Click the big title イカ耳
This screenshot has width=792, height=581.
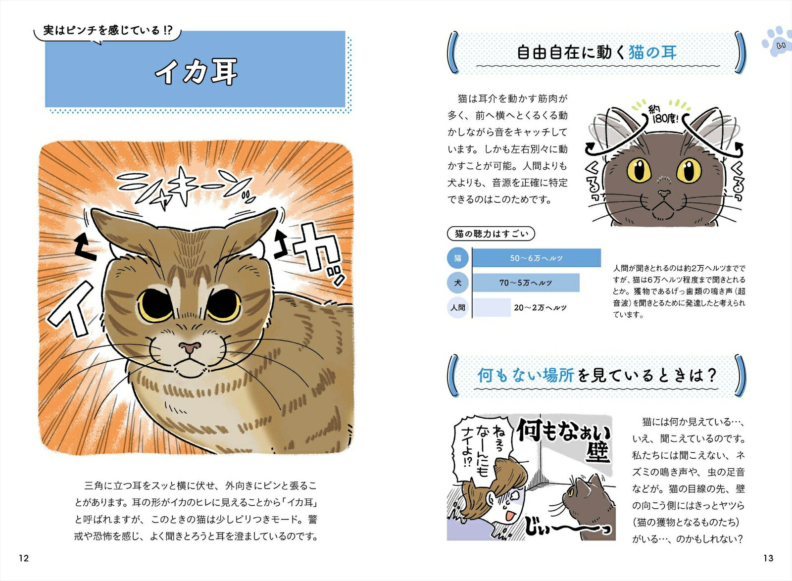click(196, 72)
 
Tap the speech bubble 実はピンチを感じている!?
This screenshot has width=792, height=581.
click(107, 33)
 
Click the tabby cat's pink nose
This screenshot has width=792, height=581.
click(190, 347)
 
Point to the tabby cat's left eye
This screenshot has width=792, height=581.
click(154, 305)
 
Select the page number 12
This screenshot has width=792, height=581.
click(24, 558)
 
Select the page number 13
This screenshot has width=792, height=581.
click(768, 558)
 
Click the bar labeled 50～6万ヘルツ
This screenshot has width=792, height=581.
click(537, 258)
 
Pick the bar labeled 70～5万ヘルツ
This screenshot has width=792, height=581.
click(526, 283)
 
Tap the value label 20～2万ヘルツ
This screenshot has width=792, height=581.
click(540, 307)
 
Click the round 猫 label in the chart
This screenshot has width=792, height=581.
click(457, 258)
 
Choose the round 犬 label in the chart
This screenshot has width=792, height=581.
click(457, 283)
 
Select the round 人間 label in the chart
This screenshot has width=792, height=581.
click(457, 307)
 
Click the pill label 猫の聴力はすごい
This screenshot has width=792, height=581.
click(491, 234)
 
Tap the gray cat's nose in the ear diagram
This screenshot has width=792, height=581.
click(664, 194)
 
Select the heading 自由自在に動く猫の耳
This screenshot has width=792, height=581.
click(597, 52)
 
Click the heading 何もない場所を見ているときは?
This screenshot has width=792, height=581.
click(597, 375)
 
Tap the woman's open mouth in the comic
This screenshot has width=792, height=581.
click(510, 516)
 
